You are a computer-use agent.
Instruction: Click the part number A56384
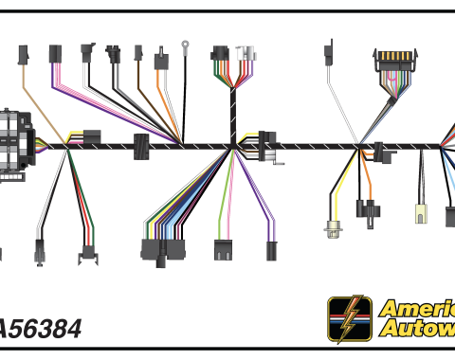click(x=40, y=329)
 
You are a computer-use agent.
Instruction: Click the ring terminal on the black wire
click(x=187, y=44)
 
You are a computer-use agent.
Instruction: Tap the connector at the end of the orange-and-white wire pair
click(x=161, y=62)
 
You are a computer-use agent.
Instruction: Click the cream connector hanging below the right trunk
click(x=419, y=210)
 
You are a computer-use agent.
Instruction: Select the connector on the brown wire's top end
click(x=138, y=52)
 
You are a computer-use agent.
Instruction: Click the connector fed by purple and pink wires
click(x=55, y=54)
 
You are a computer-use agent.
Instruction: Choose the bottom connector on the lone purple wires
click(x=271, y=251)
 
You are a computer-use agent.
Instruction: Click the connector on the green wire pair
click(x=224, y=250)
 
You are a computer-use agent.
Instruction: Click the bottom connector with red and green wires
click(x=89, y=253)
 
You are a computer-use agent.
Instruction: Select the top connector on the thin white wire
click(x=330, y=49)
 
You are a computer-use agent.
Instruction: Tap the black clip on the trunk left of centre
click(x=141, y=147)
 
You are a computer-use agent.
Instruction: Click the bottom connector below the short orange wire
click(x=365, y=208)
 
